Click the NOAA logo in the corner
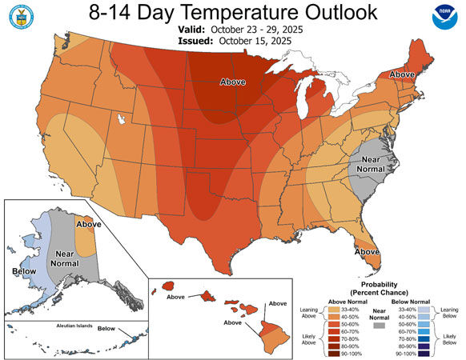pyautogui.click(x=442, y=21)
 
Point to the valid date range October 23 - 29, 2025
pyautogui.click(x=270, y=27)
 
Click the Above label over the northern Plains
pyautogui.click(x=236, y=80)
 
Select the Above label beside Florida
pyautogui.click(x=367, y=251)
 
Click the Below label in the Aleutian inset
pyautogui.click(x=106, y=329)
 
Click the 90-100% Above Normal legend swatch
pyautogui.click(x=337, y=353)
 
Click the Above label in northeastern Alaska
pyautogui.click(x=88, y=225)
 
